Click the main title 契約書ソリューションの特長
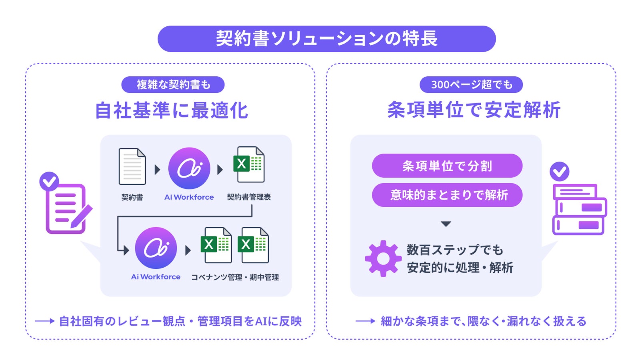coord(326,39)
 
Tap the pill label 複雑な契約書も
coord(173,84)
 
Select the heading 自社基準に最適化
coord(172,110)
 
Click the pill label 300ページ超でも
coord(471,84)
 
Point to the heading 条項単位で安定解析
coord(474,110)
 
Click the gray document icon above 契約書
coord(132,166)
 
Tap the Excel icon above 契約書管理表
coord(248,164)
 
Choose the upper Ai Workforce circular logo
coord(189,168)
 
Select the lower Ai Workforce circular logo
coord(156,248)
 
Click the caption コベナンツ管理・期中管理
coord(235,277)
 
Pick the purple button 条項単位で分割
coord(447,166)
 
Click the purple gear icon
coord(383,258)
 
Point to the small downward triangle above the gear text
coord(446,224)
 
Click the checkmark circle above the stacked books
coord(559,172)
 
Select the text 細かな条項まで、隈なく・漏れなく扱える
coord(483,321)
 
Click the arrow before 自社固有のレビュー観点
coord(44,321)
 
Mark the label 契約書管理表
coord(249,197)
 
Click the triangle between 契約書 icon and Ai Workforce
coord(157,170)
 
